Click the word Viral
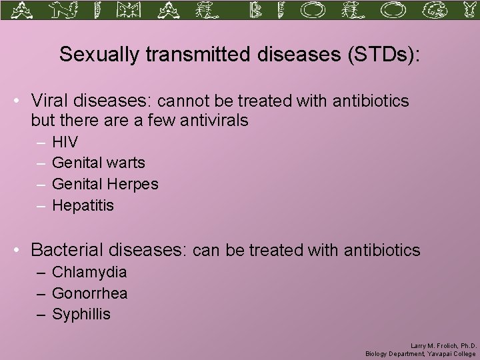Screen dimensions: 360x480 point(51,101)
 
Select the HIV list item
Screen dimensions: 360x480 point(65,142)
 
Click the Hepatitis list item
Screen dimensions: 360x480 point(83,205)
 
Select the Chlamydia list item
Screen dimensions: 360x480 point(89,272)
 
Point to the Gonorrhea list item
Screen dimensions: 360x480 point(89,293)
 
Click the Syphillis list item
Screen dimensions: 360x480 point(81,315)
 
